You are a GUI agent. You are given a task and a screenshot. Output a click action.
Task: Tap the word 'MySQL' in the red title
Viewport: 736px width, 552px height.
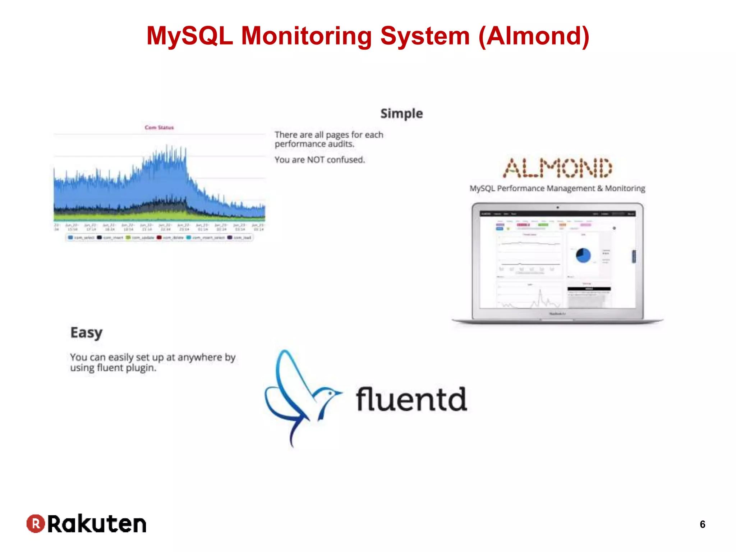(190, 36)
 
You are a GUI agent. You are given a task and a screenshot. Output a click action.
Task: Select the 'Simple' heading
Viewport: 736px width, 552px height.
(401, 114)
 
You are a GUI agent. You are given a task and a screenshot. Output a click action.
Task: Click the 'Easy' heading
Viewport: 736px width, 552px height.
(86, 333)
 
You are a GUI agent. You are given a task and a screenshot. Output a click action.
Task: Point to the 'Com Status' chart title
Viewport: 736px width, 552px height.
(159, 128)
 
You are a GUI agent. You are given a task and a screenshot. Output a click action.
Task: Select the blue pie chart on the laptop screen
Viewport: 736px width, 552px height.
(583, 256)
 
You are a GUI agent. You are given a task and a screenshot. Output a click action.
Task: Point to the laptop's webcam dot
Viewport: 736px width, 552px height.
(557, 207)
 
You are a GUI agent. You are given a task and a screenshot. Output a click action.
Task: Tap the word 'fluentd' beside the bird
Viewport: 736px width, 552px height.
(411, 400)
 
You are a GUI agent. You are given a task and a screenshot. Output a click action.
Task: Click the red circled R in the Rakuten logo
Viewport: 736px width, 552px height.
(36, 524)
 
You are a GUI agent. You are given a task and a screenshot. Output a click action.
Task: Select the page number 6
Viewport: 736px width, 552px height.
(702, 524)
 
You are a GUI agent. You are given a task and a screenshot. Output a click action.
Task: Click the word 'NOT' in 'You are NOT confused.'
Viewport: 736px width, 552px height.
(316, 160)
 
